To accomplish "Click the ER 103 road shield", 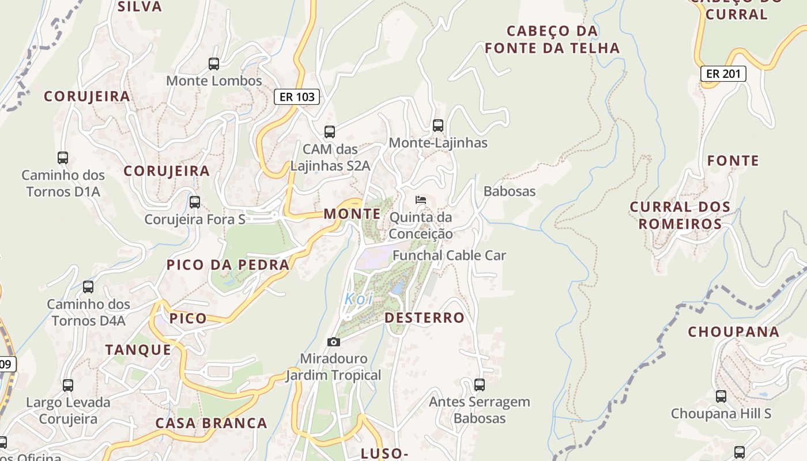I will (296, 97).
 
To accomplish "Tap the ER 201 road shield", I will (723, 74).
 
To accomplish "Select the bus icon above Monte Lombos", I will (214, 64).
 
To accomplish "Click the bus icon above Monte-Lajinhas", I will (438, 126).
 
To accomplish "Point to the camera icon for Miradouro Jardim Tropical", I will (333, 342).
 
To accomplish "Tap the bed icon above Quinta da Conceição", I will (421, 200).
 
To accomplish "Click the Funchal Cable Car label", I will (449, 255).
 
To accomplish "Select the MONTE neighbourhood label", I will (352, 214).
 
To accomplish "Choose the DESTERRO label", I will (424, 318).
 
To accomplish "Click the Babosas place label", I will (510, 191).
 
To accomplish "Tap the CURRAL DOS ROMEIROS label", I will (680, 215).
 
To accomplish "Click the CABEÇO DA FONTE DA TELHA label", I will (552, 39).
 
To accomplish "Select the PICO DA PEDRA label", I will (228, 265).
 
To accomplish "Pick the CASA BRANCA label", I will (212, 424).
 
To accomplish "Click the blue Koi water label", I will (359, 299).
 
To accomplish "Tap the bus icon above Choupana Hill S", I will (721, 396).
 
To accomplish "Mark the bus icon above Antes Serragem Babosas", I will (479, 385).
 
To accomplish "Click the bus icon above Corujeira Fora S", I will (195, 202).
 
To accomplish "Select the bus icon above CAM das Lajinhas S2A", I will (330, 132).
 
